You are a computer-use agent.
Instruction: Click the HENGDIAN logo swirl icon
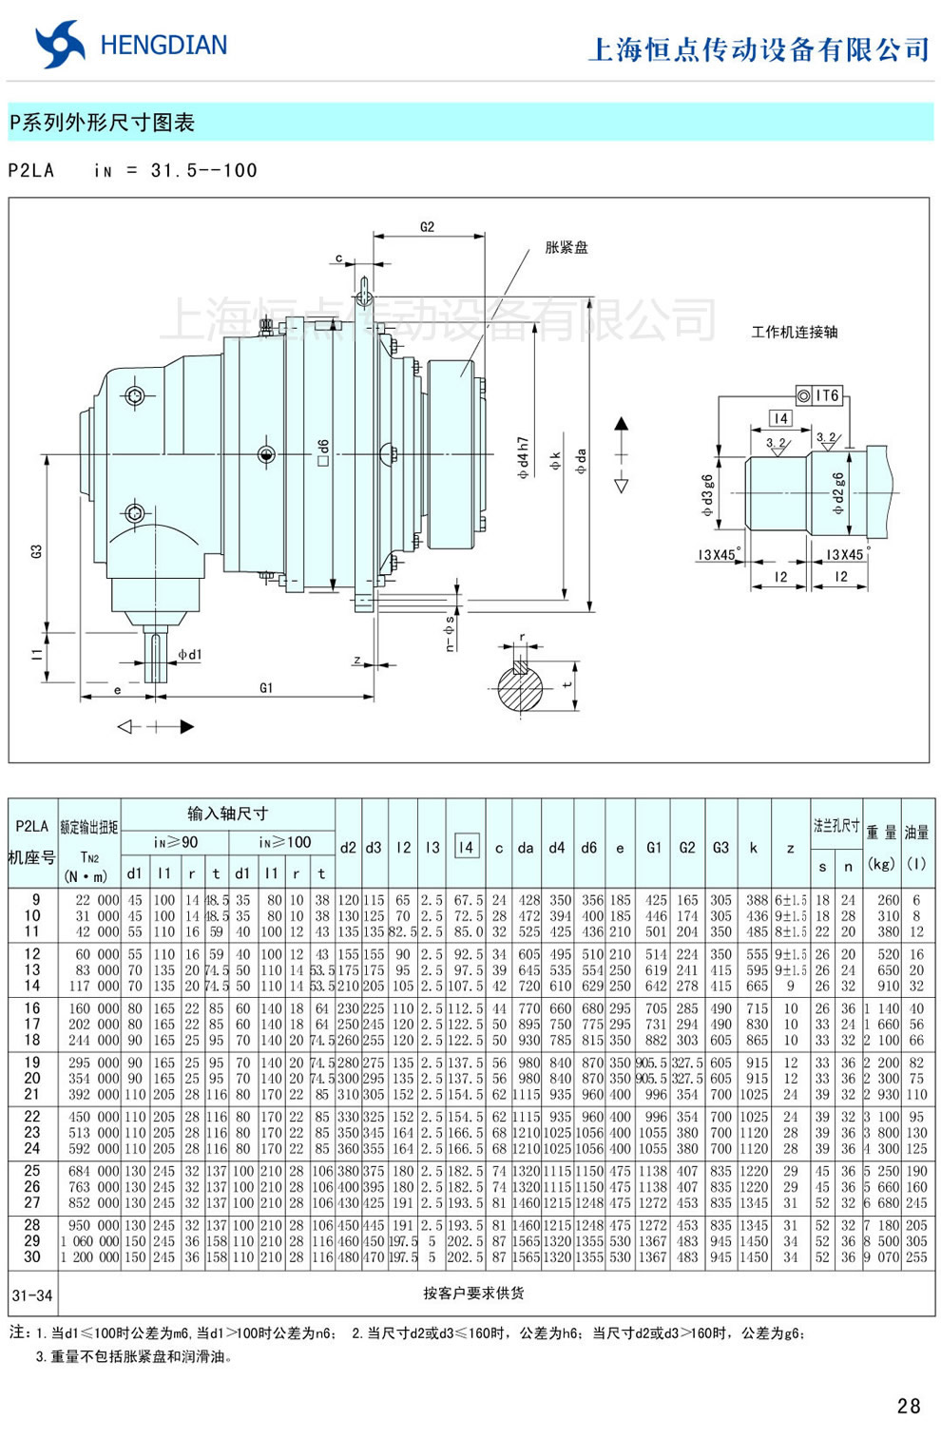tap(59, 45)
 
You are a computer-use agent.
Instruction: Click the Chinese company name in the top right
tap(759, 49)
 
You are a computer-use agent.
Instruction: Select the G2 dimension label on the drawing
tap(427, 227)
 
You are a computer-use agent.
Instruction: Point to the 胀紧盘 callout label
tap(567, 248)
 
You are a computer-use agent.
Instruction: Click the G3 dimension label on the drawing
tap(36, 551)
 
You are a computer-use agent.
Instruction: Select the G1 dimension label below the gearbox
tap(266, 687)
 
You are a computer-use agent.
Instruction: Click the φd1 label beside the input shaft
tap(190, 655)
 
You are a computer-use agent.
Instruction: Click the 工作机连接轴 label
tap(795, 332)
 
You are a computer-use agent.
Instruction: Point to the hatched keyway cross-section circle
tap(523, 686)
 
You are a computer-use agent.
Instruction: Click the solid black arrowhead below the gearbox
tap(186, 727)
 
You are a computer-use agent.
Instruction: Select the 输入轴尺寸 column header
tap(227, 814)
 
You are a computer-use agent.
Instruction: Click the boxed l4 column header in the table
tap(465, 847)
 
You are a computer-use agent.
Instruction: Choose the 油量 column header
tap(916, 833)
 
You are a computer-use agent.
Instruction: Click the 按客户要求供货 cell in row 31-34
tap(473, 1293)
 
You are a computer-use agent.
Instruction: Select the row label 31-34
tap(32, 1294)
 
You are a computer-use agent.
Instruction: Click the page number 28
tap(908, 1406)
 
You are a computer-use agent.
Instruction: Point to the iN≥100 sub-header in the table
tap(284, 842)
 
